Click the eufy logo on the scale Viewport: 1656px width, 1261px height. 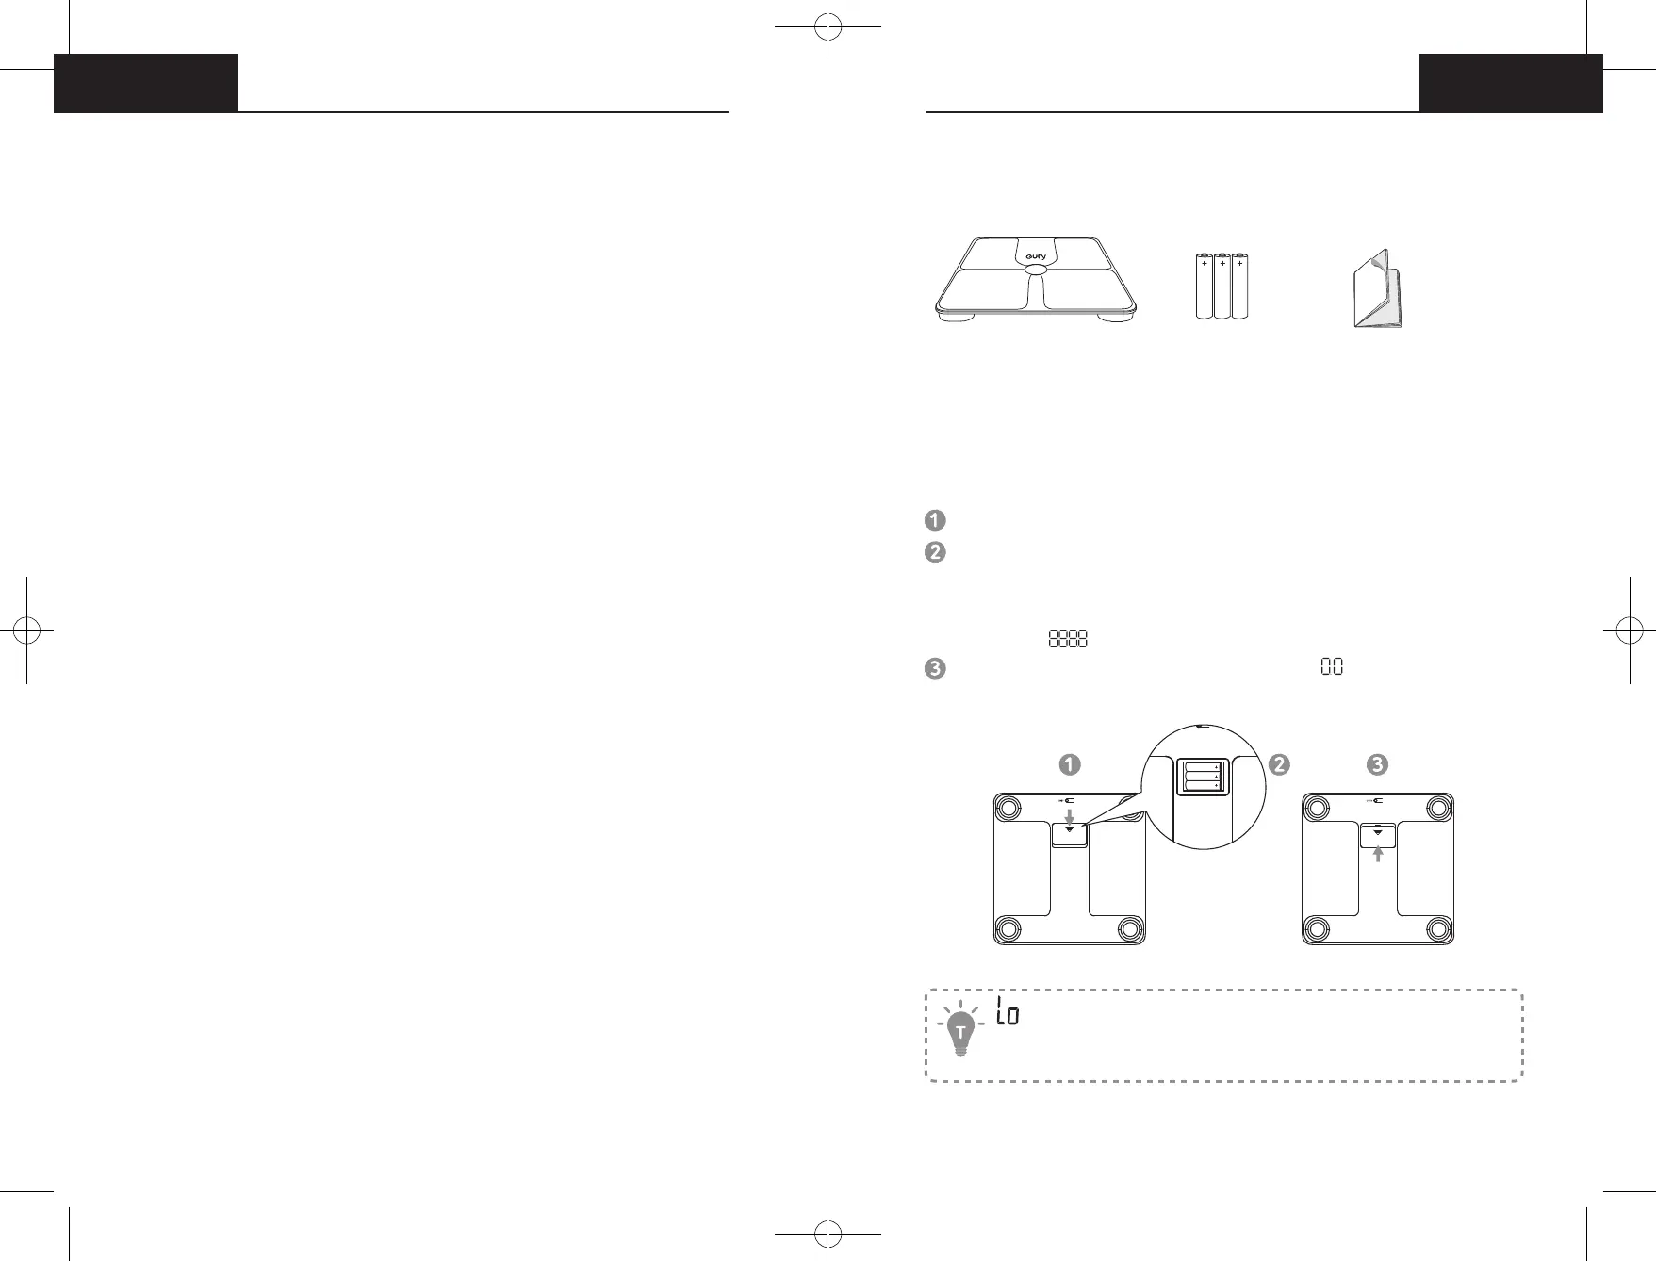1036,256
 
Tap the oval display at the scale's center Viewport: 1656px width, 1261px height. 1035,270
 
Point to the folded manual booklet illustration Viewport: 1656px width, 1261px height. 1377,290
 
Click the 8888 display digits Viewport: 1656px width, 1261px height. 1068,639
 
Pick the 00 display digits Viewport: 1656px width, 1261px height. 1332,667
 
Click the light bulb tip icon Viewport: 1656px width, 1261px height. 960,1030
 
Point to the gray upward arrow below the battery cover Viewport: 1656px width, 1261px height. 1378,853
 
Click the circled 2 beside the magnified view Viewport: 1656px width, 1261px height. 1279,764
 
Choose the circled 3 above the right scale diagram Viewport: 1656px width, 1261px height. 1377,764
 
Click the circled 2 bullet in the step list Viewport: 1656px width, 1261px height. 935,552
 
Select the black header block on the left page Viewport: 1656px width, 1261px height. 145,83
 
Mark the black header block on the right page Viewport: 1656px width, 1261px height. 1511,83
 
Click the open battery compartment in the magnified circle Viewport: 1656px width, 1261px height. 1202,777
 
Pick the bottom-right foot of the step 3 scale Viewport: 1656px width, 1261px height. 1437,929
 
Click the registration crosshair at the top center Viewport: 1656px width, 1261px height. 828,28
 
